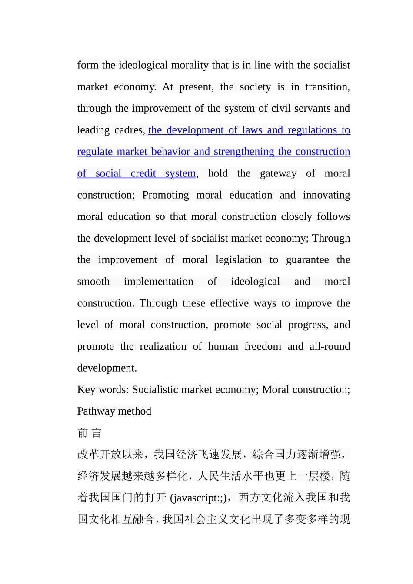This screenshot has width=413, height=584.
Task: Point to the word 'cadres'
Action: click(128, 130)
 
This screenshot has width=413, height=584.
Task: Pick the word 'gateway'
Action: click(278, 173)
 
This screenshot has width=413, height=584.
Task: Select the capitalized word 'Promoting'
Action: click(166, 195)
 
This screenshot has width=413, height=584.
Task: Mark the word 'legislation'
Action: click(239, 260)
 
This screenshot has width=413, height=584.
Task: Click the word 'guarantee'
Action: click(307, 260)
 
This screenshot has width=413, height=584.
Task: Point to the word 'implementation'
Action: click(158, 282)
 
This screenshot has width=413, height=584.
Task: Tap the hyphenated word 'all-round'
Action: click(330, 346)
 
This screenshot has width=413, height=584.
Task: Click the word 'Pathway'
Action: click(97, 411)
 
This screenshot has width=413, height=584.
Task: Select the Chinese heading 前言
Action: click(89, 433)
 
